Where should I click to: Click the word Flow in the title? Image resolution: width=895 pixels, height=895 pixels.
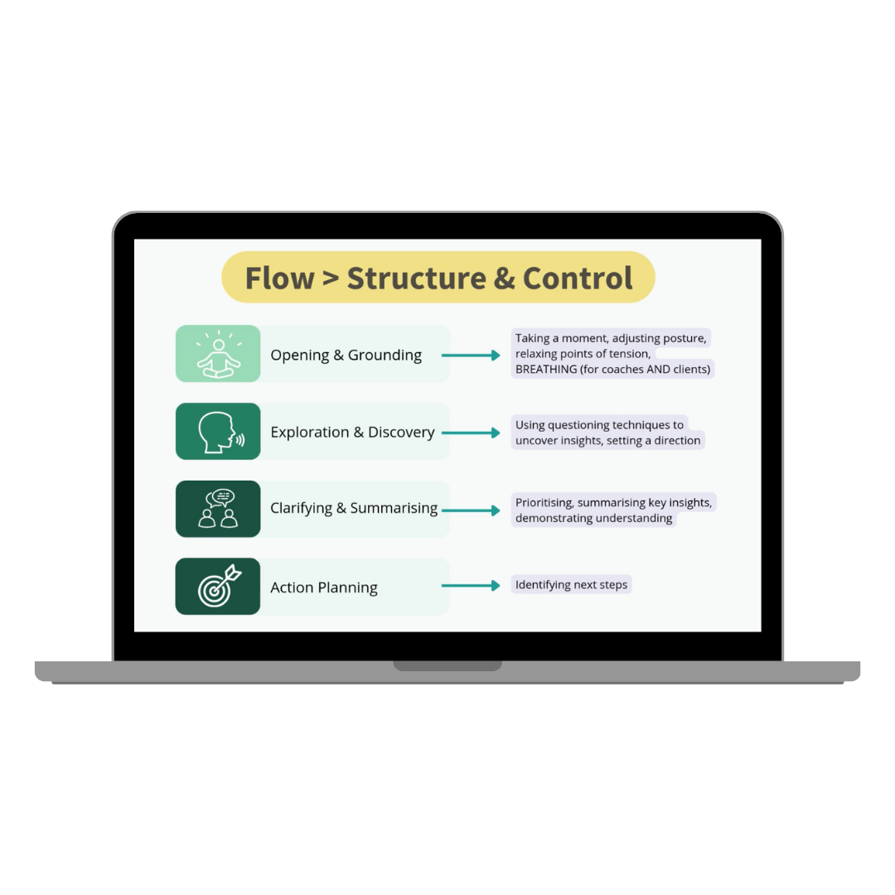(x=279, y=278)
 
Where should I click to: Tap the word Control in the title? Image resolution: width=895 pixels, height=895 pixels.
(x=578, y=278)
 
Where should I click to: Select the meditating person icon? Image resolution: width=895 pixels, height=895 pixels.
(x=218, y=354)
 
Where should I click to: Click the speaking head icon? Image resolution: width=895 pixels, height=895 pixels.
(x=218, y=431)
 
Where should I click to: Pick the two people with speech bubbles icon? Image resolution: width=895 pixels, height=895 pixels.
(x=218, y=509)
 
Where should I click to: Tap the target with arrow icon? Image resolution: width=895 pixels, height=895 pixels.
(x=218, y=586)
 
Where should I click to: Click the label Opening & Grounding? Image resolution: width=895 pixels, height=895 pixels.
(x=346, y=355)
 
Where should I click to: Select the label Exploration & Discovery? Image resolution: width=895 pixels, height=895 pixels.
(x=352, y=432)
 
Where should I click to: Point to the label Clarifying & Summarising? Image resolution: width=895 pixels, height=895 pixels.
(x=354, y=508)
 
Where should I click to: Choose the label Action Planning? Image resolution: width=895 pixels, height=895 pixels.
(x=324, y=588)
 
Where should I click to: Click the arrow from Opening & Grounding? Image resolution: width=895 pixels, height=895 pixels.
(x=471, y=355)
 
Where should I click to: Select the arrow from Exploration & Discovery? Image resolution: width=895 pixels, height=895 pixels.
(x=471, y=433)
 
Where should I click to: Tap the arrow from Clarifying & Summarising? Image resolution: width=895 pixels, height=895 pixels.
(x=471, y=510)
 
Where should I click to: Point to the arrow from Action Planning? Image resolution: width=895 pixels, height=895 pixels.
(x=471, y=585)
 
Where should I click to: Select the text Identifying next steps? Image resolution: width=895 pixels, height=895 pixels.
(x=571, y=585)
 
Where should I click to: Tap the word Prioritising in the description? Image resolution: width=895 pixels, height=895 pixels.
(x=544, y=502)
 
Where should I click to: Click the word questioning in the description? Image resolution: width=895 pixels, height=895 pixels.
(x=578, y=425)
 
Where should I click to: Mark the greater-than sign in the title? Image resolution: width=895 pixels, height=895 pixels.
(x=330, y=279)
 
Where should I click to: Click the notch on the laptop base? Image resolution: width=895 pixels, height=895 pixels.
(x=447, y=665)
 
